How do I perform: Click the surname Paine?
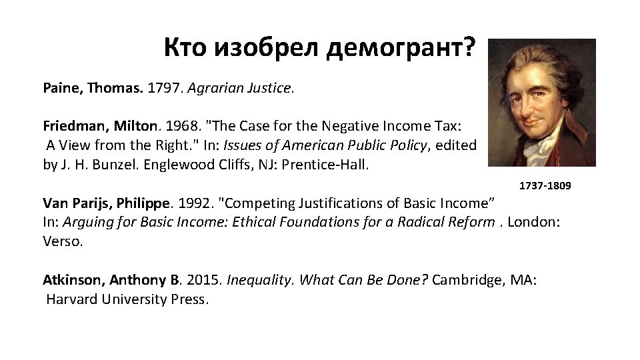coord(62,87)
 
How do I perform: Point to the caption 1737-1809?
coord(545,185)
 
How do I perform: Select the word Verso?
coord(63,241)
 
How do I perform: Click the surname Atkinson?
coord(74,280)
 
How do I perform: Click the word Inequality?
coord(261,280)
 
